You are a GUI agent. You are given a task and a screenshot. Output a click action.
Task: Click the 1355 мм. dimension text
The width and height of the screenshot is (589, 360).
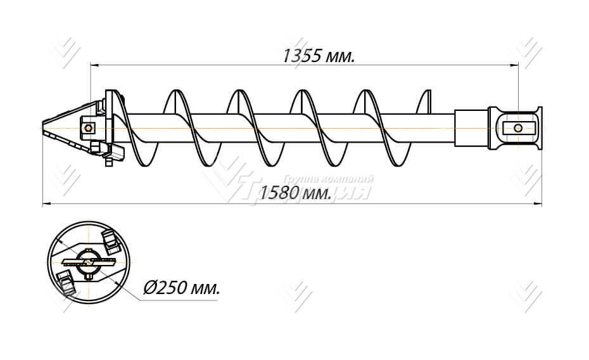pyautogui.click(x=318, y=56)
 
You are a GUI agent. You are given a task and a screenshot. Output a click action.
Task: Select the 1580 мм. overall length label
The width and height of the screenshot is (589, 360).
pyautogui.click(x=296, y=193)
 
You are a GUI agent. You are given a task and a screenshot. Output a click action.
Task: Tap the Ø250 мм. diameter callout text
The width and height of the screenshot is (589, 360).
pyautogui.click(x=182, y=288)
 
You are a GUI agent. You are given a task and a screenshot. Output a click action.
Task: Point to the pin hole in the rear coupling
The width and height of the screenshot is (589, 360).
pyautogui.click(x=518, y=128)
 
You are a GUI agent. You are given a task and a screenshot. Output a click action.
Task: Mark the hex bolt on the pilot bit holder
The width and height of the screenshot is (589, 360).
pyautogui.click(x=87, y=127)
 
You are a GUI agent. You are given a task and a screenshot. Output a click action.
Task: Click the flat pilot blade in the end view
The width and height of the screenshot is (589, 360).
pyautogui.click(x=89, y=262)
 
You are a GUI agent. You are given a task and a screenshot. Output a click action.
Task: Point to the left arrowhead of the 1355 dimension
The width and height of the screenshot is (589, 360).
pyautogui.click(x=94, y=64)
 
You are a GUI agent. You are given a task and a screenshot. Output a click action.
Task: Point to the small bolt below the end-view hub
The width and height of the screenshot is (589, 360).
pyautogui.click(x=88, y=276)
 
